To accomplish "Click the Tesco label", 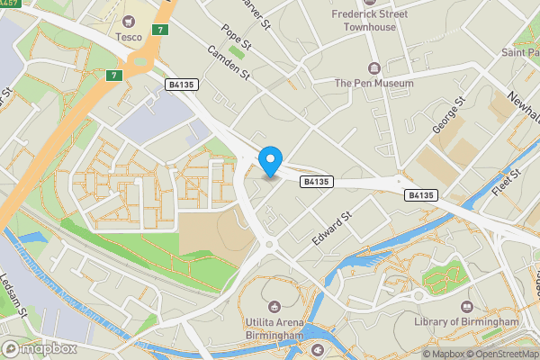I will (x=130, y=37).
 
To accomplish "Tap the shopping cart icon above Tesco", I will (x=130, y=21).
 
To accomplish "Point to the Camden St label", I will (x=228, y=68).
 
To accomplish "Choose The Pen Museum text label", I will (x=374, y=84).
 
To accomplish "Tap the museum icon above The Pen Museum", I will (x=374, y=68).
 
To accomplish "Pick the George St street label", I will (x=447, y=116).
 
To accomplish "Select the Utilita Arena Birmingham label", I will (x=279, y=328).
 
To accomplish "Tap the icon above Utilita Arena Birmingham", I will (x=279, y=304).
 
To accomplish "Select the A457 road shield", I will (x=10, y=3).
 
